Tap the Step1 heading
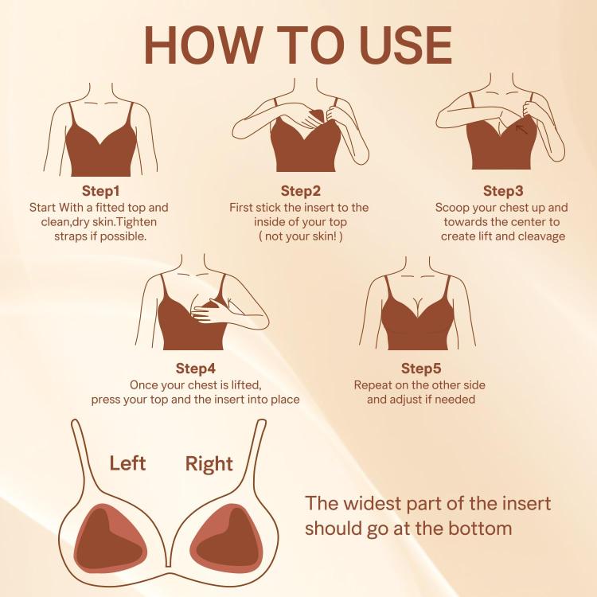[x=100, y=191]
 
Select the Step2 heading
[x=301, y=191]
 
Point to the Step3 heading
[x=503, y=191]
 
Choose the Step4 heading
[x=195, y=369]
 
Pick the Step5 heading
[x=421, y=369]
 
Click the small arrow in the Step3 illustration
[x=521, y=130]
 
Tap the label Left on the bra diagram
[x=127, y=463]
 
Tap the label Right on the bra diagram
[x=209, y=464]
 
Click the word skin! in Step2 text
[x=325, y=236]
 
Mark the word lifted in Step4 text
[x=246, y=385]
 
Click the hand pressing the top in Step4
[x=211, y=309]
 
